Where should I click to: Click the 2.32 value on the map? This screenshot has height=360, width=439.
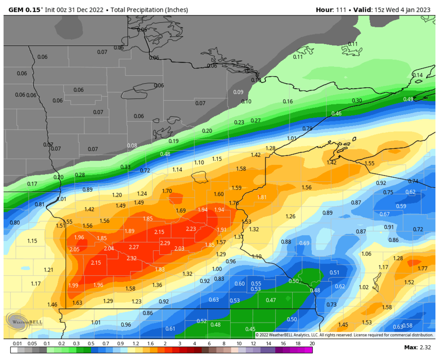[131, 258]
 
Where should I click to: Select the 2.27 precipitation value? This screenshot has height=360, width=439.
[134, 247]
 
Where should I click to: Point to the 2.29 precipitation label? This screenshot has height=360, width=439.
[165, 243]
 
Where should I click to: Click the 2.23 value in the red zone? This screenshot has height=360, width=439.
[191, 229]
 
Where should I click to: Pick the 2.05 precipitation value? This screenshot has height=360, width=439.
[74, 249]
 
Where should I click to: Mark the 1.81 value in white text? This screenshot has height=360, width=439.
[262, 197]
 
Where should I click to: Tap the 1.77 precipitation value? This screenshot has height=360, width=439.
[423, 269]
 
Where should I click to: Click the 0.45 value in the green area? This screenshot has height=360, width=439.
[250, 329]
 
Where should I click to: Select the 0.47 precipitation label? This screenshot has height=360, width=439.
[271, 300]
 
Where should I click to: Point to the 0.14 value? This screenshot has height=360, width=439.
[417, 75]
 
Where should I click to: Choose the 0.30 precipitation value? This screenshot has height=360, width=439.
[357, 101]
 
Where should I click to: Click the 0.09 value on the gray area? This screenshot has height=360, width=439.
[238, 92]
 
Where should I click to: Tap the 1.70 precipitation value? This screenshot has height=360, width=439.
[167, 191]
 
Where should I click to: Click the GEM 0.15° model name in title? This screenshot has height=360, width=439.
[25, 10]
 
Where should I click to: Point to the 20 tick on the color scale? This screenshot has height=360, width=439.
[312, 344]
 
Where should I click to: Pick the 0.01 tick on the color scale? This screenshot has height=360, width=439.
[16, 344]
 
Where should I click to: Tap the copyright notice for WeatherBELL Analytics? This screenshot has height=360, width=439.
[344, 335]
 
